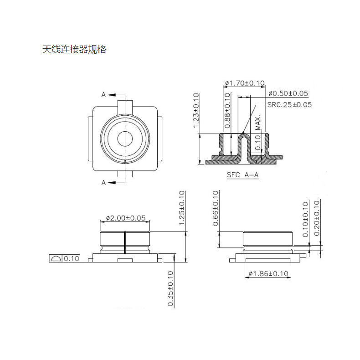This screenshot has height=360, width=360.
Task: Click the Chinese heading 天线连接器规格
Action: [x=74, y=49]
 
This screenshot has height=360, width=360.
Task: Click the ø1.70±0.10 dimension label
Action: [x=245, y=83]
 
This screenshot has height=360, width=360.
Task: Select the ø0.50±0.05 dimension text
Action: [x=288, y=93]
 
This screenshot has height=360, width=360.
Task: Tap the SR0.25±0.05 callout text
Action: [x=289, y=105]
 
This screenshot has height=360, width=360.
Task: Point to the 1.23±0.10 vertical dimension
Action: [x=196, y=110]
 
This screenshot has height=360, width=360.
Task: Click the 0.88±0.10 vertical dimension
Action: [x=227, y=110]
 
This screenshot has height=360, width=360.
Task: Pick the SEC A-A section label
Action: [x=243, y=175]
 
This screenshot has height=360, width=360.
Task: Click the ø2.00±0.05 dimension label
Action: [x=126, y=218]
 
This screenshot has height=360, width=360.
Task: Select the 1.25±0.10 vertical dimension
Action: [x=182, y=208]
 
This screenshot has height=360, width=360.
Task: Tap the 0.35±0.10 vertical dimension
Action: [x=170, y=288]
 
